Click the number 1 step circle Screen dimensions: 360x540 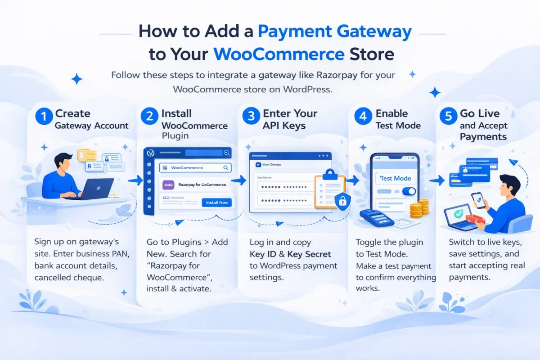pyautogui.click(x=44, y=116)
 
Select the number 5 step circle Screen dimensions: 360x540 pyautogui.click(x=448, y=116)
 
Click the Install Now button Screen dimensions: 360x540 pyautogui.click(x=217, y=202)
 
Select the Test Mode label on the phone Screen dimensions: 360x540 pyautogui.click(x=395, y=178)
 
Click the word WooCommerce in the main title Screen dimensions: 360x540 pyautogui.click(x=279, y=54)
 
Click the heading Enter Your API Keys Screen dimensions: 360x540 pyautogui.click(x=290, y=119)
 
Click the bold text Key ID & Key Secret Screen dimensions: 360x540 pyautogui.click(x=290, y=254)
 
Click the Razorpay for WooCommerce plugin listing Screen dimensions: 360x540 pyautogui.click(x=195, y=185)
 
